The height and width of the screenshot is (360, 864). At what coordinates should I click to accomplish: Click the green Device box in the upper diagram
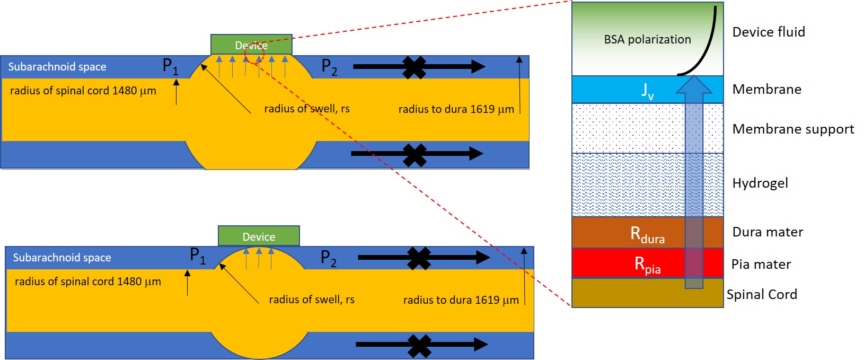[251, 45]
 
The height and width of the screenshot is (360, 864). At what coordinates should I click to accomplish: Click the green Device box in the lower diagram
[259, 236]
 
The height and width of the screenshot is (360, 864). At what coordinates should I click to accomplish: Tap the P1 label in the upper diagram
[170, 66]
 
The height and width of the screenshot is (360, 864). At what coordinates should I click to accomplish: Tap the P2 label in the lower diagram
[329, 258]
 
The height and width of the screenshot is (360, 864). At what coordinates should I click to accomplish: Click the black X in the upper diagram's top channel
[415, 67]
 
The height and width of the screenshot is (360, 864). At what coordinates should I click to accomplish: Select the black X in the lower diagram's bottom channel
[419, 345]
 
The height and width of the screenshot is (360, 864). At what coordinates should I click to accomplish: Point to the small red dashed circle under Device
[254, 56]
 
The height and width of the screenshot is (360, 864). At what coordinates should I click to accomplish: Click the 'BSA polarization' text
[647, 39]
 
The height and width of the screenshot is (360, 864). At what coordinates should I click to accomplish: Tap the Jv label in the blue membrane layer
[647, 90]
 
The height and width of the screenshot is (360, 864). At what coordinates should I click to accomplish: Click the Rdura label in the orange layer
[647, 234]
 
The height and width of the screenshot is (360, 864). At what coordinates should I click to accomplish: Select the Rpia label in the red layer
[647, 264]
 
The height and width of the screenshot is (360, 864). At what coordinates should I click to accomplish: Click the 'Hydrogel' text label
[760, 183]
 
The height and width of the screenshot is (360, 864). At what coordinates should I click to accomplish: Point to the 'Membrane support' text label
[793, 129]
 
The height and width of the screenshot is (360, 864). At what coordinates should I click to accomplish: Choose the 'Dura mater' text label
[768, 232]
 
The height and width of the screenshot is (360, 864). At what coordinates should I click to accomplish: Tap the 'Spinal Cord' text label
[762, 294]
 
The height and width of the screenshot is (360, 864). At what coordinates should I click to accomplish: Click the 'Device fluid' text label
[769, 32]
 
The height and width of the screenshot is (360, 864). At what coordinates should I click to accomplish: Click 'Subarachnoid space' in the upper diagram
[57, 67]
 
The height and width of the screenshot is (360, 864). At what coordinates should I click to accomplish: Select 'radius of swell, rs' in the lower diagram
[312, 300]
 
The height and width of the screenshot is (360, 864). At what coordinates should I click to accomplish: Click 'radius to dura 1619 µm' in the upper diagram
[456, 109]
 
